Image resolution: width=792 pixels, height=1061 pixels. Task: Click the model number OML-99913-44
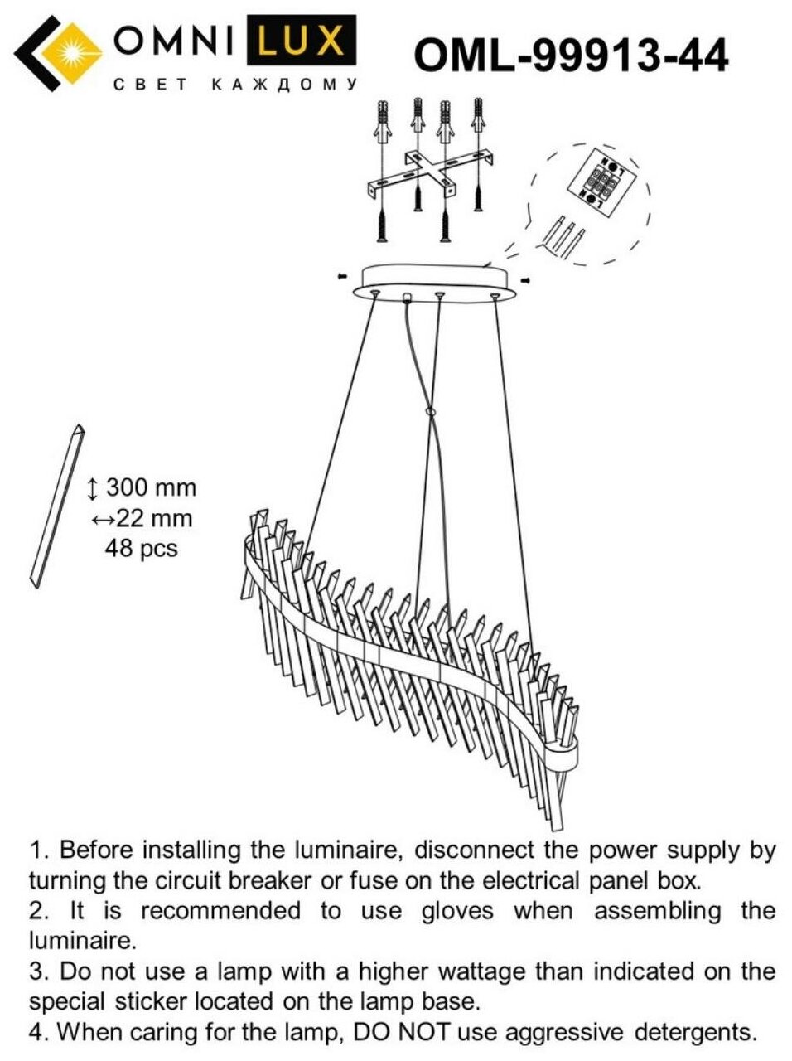pyautogui.click(x=571, y=56)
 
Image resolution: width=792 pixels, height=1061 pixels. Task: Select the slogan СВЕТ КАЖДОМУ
pyautogui.click(x=235, y=85)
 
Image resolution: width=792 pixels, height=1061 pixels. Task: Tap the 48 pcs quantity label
pyautogui.click(x=141, y=548)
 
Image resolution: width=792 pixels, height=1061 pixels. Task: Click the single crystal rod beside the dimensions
pyautogui.click(x=57, y=506)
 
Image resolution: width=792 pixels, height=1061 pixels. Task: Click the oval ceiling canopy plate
pyautogui.click(x=435, y=280)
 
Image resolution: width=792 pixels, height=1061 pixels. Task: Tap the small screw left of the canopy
pyautogui.click(x=340, y=275)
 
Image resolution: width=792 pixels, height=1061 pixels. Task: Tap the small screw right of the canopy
pyautogui.click(x=525, y=281)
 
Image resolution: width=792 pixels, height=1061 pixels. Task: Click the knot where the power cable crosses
pyautogui.click(x=429, y=412)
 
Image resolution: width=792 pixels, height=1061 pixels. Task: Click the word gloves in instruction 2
pyautogui.click(x=457, y=911)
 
